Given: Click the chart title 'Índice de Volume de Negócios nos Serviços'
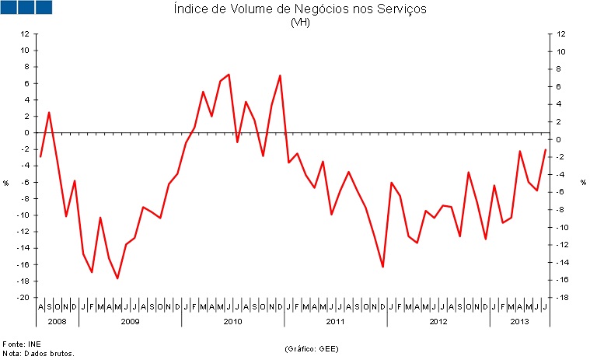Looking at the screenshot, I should (x=299, y=9).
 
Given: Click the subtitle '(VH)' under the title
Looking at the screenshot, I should (x=299, y=23).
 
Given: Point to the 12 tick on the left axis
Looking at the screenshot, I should (x=25, y=34).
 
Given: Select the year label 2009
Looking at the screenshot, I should (x=130, y=321).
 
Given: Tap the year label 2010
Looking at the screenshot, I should (x=232, y=321).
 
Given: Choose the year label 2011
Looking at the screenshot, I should (x=335, y=321).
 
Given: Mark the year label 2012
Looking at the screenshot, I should (x=438, y=321).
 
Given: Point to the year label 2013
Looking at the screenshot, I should (x=519, y=321).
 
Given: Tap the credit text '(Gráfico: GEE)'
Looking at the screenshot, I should (x=311, y=348).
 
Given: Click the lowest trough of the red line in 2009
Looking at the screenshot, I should (x=117, y=278).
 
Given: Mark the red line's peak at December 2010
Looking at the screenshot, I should (x=280, y=75).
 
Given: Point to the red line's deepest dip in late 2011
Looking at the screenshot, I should (x=382, y=267).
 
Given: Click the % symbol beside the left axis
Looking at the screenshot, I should (x=5, y=183).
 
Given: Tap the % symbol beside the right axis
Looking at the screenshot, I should (x=583, y=183).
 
